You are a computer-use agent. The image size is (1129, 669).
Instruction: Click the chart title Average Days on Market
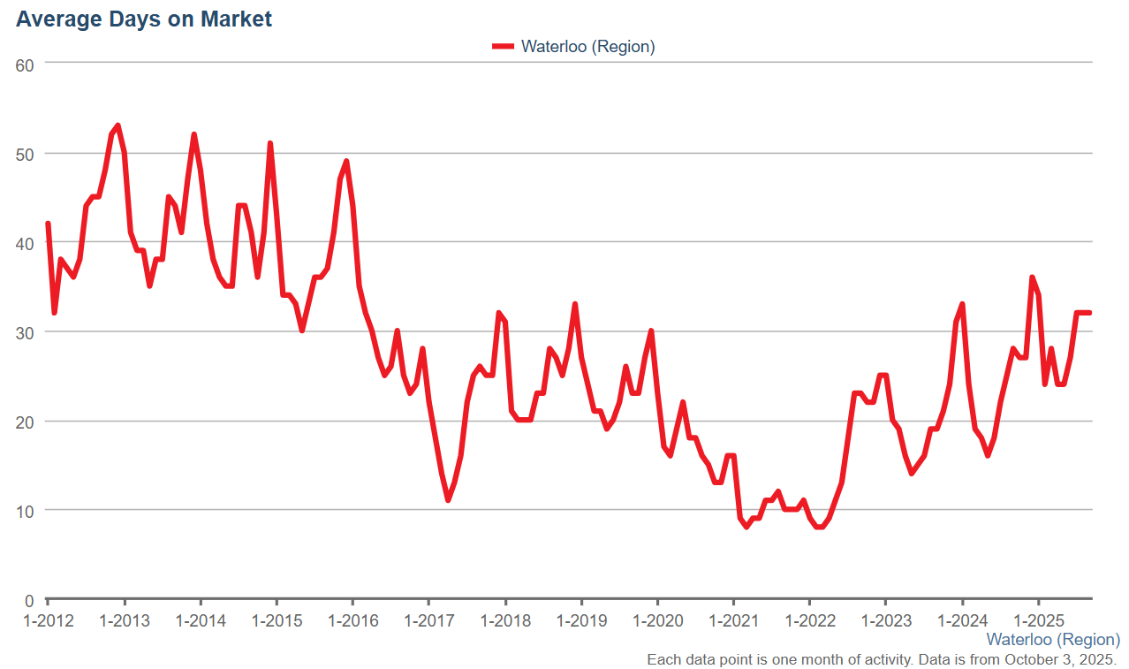pyautogui.click(x=144, y=19)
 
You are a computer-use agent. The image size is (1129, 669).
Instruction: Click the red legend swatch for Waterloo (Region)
pyautogui.click(x=503, y=47)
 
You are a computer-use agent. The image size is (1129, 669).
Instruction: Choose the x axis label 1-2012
pyautogui.click(x=48, y=621)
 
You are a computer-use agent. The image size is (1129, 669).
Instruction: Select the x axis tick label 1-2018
pyautogui.click(x=505, y=621)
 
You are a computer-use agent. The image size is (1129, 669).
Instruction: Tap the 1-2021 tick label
pyautogui.click(x=734, y=621)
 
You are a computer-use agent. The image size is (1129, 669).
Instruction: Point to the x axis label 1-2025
pyautogui.click(x=1039, y=621)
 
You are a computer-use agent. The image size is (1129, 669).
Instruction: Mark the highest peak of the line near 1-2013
pyautogui.click(x=117, y=125)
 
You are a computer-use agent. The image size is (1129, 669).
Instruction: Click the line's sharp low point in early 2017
pyautogui.click(x=448, y=500)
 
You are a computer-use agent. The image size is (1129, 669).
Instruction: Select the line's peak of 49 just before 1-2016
pyautogui.click(x=346, y=161)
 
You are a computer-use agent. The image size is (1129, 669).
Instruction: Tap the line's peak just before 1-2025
pyautogui.click(x=1032, y=277)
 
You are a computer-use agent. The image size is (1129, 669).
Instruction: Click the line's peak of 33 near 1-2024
pyautogui.click(x=962, y=304)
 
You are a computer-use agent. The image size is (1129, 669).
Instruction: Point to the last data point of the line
pyautogui.click(x=1089, y=313)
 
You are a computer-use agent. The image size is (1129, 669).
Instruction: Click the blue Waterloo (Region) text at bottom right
pyautogui.click(x=1053, y=639)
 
